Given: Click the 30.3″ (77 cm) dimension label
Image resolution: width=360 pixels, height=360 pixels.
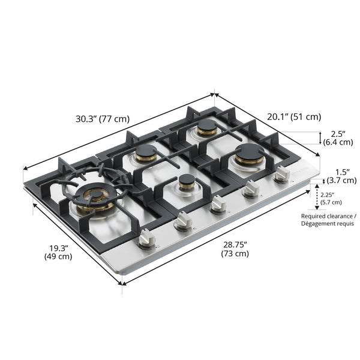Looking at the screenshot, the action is point(103,119).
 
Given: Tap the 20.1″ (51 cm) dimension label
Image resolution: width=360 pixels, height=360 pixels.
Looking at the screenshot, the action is point(294,117).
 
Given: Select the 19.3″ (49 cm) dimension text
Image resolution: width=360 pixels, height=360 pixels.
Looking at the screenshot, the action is point(58,252).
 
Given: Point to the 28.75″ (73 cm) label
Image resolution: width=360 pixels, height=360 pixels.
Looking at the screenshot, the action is point(235,249).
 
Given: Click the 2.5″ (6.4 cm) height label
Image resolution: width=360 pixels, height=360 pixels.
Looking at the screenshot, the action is point(338,138).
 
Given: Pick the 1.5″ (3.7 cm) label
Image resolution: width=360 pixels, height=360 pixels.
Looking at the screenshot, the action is point(341,176).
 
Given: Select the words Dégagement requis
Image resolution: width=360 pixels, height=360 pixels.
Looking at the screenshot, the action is point(328,223).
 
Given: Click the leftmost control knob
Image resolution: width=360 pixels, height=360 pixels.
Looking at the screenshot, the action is point(147,239).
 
